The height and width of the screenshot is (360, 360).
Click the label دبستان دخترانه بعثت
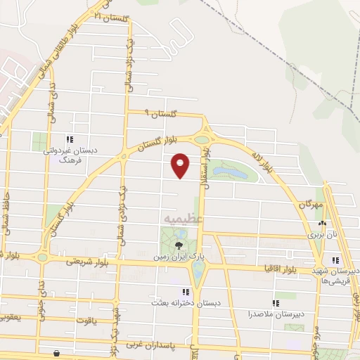[176, 302]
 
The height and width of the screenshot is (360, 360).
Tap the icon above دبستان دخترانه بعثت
[186, 291]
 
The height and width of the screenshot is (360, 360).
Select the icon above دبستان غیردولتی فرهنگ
[70, 139]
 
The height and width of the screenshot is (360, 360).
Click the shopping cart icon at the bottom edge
[56, 354]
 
